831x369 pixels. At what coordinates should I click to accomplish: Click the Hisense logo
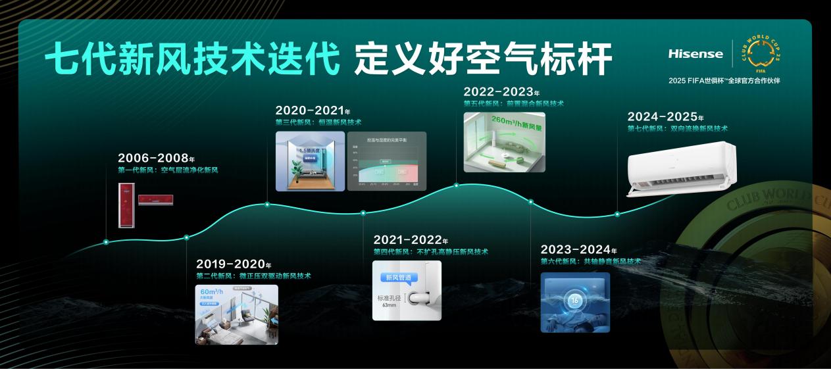tap(695, 54)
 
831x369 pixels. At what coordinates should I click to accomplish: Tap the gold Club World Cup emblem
tap(761, 53)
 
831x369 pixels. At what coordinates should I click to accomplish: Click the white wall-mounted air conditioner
tap(681, 168)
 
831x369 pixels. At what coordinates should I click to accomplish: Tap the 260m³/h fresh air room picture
tap(504, 142)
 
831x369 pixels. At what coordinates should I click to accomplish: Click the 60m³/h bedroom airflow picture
tap(236, 314)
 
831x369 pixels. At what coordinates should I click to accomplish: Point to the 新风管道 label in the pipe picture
tap(398, 278)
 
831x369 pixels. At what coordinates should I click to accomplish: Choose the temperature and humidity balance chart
tap(387, 161)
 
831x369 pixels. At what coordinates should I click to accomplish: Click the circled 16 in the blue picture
tap(574, 301)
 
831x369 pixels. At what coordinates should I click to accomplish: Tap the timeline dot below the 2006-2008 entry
tap(106, 242)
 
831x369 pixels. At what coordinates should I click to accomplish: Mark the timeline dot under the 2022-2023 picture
tap(457, 185)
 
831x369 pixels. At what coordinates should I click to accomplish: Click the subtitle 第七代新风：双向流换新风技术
tap(677, 129)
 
